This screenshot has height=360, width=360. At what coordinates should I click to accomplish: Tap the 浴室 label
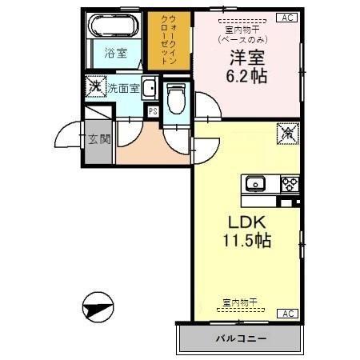116,54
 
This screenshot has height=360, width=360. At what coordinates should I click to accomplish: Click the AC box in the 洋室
286,17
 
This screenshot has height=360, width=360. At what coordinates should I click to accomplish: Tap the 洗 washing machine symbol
96,86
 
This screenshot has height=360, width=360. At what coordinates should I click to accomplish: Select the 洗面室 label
124,86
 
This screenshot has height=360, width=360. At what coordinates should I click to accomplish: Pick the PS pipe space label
152,111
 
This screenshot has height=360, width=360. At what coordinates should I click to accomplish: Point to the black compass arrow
98,306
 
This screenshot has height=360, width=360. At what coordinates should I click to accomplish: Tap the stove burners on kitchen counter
289,184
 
